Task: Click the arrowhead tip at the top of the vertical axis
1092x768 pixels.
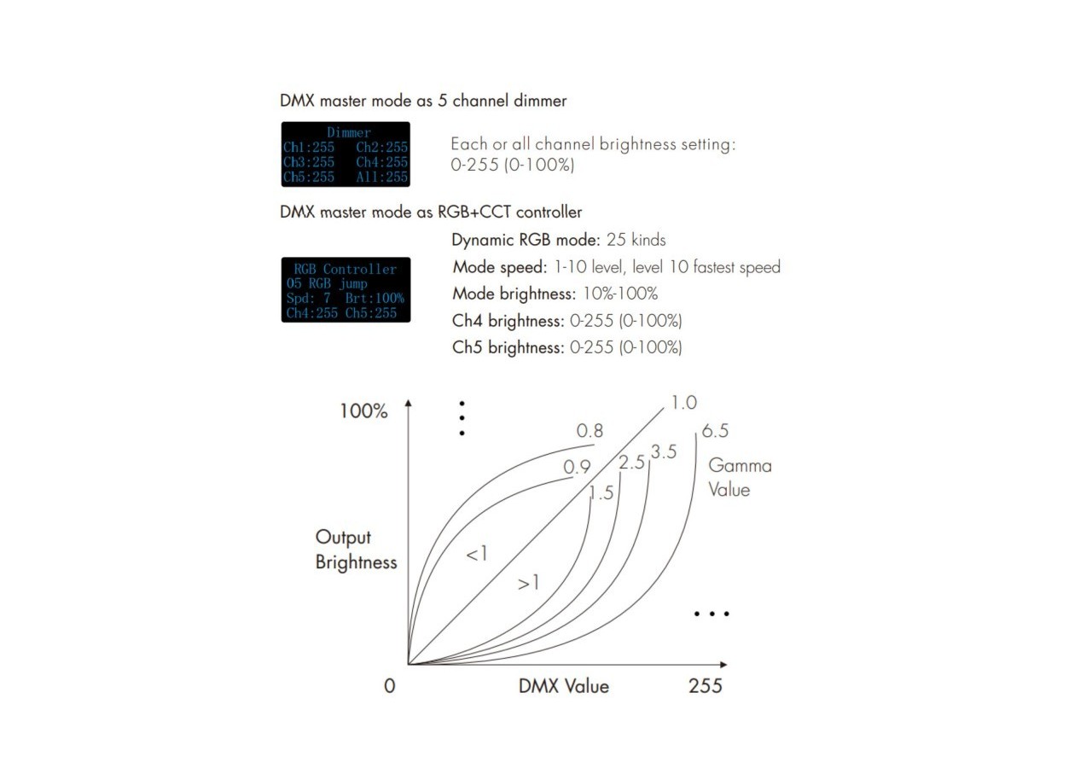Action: (409, 400)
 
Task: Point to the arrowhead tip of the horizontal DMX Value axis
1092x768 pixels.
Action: (728, 664)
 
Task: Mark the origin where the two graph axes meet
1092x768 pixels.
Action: (409, 664)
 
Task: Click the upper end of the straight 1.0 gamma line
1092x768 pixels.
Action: (664, 408)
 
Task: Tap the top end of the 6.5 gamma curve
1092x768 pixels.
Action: (695, 433)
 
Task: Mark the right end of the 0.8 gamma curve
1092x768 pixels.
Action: (595, 445)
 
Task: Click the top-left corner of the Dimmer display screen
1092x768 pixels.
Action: (282, 122)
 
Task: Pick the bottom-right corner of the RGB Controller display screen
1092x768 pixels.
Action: (410, 323)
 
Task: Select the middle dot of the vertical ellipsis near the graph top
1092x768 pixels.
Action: (462, 418)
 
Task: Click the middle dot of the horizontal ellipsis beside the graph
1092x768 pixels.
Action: (712, 614)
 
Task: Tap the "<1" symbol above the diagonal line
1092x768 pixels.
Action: (476, 554)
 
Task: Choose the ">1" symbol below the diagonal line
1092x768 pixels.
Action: (528, 583)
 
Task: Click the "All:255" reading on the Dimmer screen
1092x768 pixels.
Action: (381, 177)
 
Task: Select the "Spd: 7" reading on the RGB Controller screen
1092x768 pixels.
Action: (309, 298)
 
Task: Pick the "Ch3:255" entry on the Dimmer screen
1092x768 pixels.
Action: (309, 162)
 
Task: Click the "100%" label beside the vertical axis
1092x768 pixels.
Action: (363, 411)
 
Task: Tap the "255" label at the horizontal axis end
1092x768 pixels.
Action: (706, 686)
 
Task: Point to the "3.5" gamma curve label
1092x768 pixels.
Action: (664, 452)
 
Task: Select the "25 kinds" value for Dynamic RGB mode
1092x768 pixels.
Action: (636, 240)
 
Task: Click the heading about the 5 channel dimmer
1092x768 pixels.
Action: (423, 101)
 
